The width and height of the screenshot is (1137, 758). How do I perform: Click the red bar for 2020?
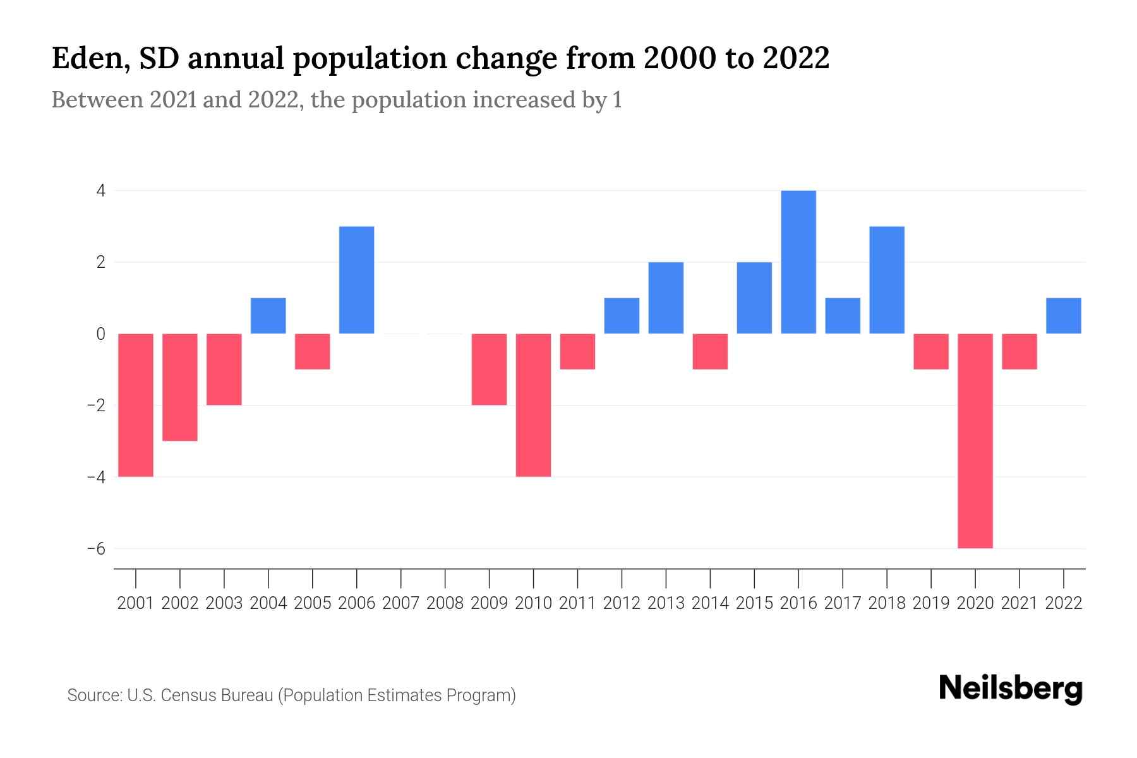(975, 440)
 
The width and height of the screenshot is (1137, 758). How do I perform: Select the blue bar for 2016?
(798, 262)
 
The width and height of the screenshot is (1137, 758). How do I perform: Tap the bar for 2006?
(357, 279)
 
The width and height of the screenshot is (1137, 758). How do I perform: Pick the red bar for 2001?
(136, 404)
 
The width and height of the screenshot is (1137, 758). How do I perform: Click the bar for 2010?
(533, 404)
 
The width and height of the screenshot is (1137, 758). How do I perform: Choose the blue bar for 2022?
(1063, 315)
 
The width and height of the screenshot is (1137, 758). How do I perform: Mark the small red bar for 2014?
(710, 351)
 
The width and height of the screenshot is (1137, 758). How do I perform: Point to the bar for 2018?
(887, 279)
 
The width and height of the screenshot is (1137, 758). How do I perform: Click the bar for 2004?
(268, 315)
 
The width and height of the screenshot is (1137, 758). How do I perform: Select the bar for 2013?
(666, 298)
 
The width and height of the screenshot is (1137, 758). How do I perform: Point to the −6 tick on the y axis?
(96, 548)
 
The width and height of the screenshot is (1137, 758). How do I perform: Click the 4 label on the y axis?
(100, 190)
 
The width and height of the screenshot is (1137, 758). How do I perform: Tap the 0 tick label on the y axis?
(100, 334)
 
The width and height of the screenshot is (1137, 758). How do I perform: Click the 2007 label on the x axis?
(401, 603)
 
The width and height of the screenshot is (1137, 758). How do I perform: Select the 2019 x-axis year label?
(931, 603)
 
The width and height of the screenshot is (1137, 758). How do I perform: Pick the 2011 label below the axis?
(577, 603)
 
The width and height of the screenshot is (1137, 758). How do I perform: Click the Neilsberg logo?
(1010, 689)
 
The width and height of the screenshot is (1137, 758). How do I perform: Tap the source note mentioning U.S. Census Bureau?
(291, 695)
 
